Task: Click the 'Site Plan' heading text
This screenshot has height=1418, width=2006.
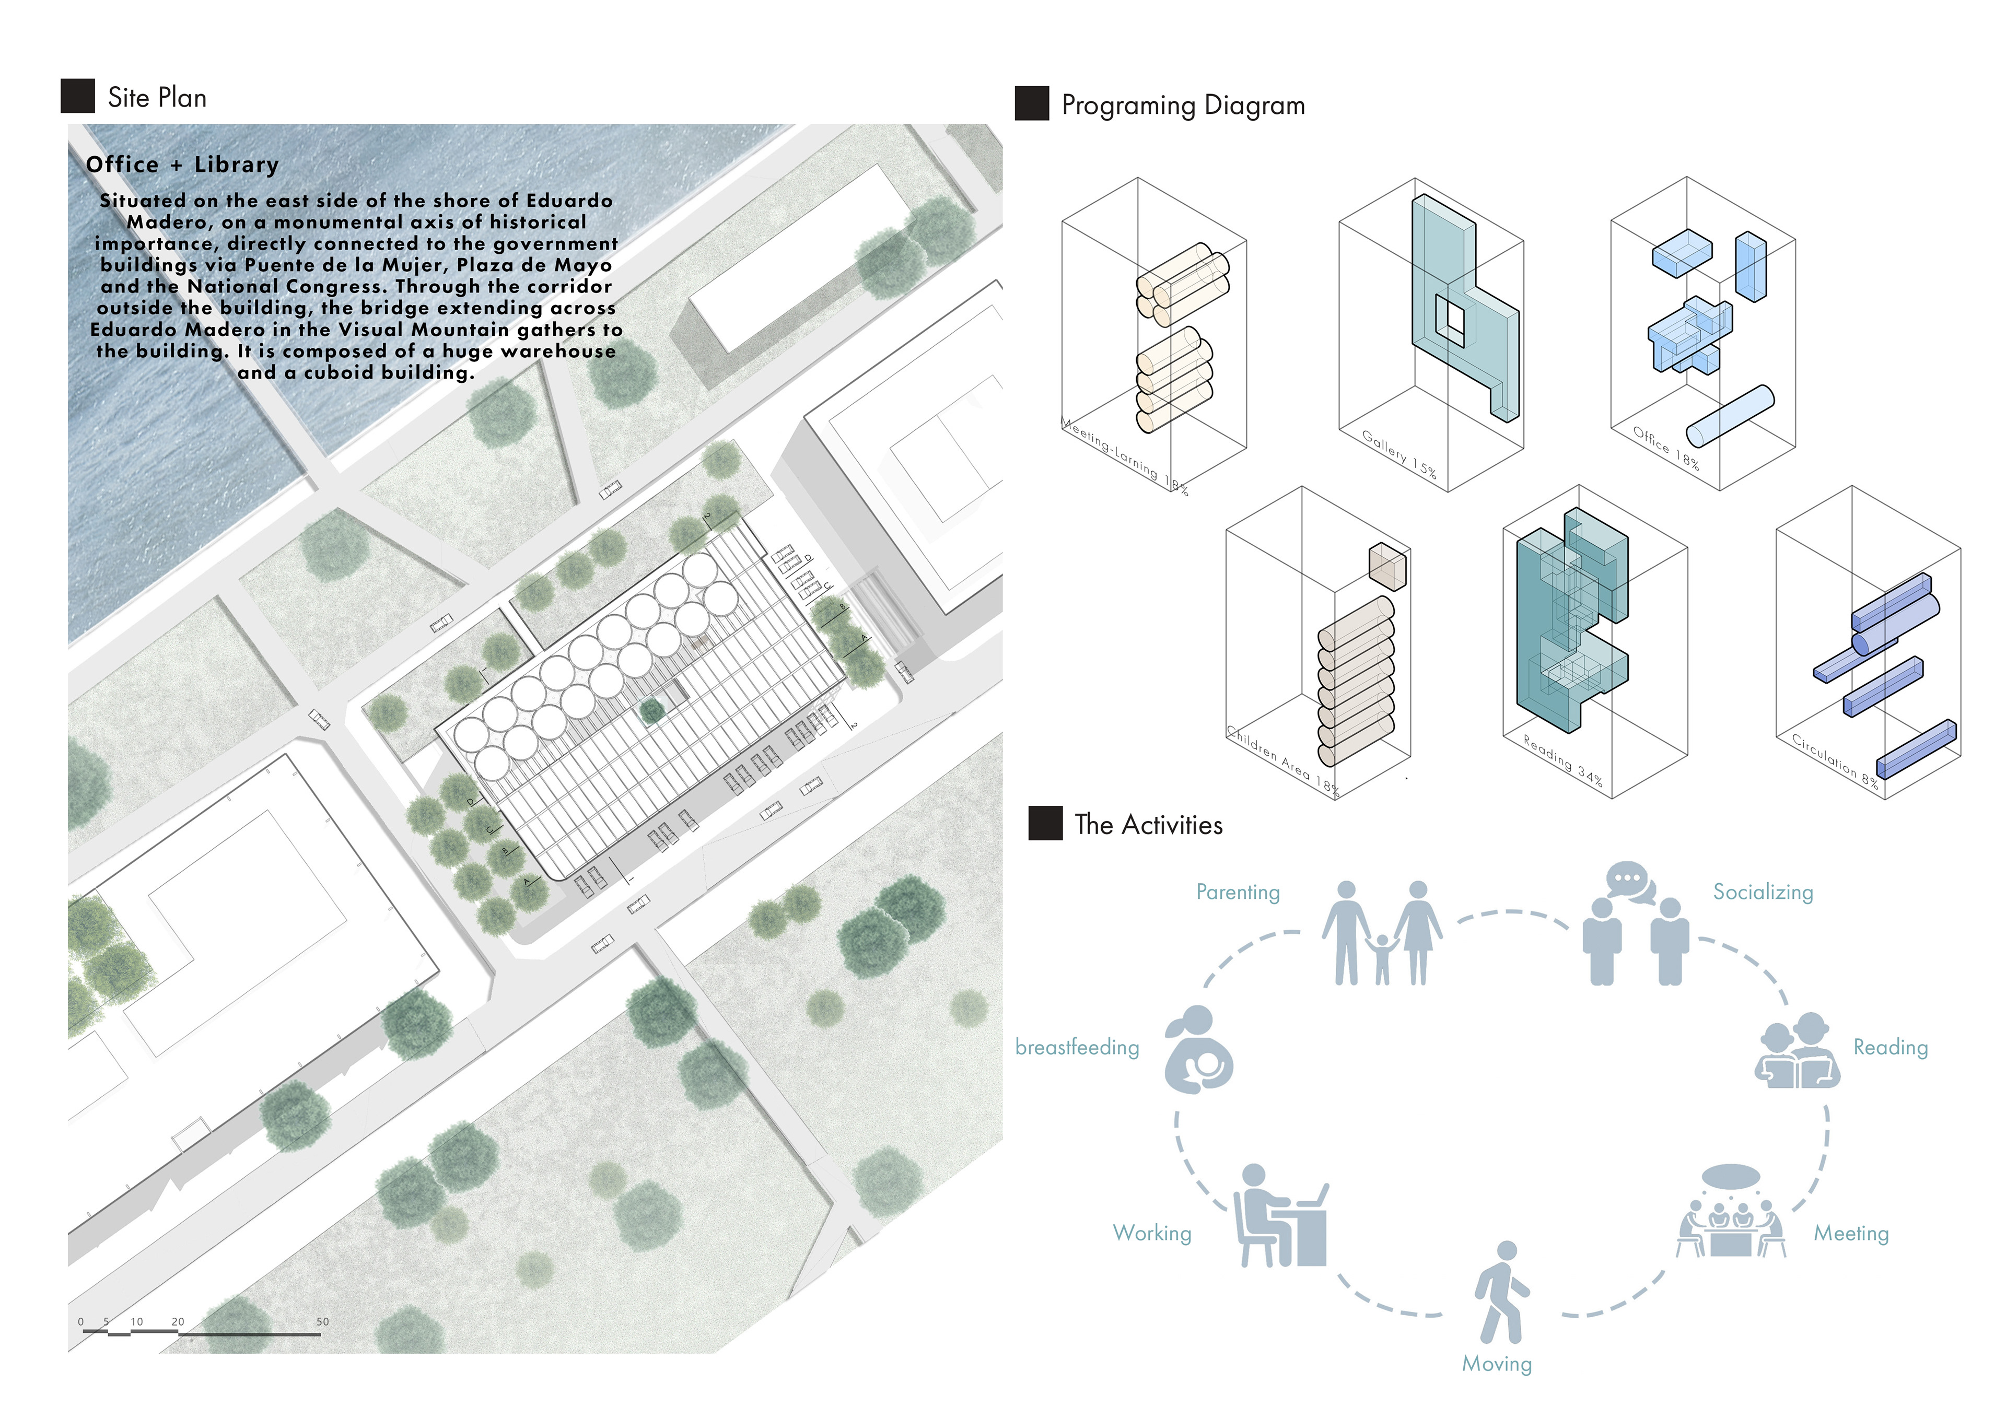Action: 157,97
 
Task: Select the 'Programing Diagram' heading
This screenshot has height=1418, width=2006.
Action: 1183,105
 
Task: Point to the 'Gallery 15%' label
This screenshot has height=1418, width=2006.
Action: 1399,453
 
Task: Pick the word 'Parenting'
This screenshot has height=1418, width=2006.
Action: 1237,892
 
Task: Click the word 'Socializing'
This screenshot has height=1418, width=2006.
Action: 1762,892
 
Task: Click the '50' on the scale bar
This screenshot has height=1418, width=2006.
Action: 322,1321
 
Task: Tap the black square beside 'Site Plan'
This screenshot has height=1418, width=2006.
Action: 78,96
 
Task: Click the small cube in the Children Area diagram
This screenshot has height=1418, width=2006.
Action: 1387,566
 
